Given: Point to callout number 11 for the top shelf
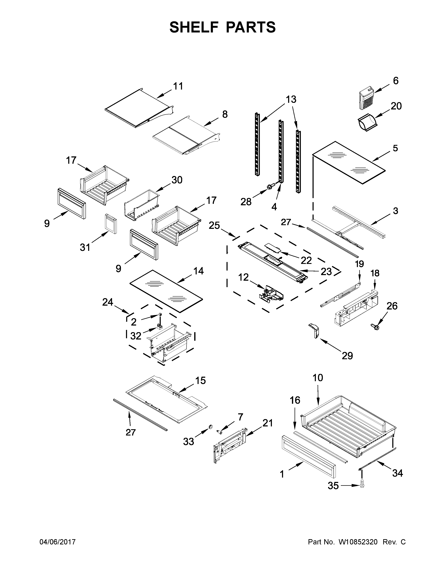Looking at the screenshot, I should point(178,86).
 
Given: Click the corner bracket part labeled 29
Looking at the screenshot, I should point(314,330).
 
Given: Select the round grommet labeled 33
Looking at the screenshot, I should point(211,427).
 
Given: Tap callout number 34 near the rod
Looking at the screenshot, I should point(397,473).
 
